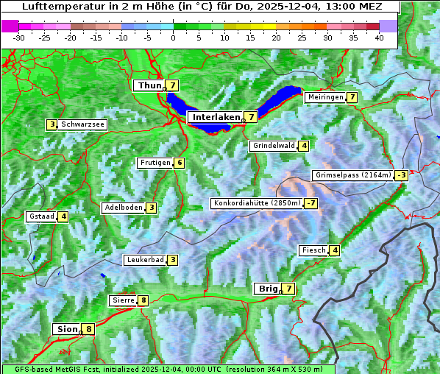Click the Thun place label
[149, 86]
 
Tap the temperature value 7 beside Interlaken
[252, 117]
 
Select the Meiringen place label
[325, 97]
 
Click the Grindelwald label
[274, 146]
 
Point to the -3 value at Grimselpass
[401, 175]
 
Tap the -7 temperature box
[311, 203]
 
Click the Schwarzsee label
[83, 124]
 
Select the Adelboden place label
[123, 208]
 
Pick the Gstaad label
[42, 216]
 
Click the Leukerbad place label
[144, 260]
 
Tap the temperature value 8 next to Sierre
[143, 300]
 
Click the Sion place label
[66, 329]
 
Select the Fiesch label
[313, 250]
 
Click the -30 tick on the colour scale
[19, 38]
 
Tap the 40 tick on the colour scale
[379, 38]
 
